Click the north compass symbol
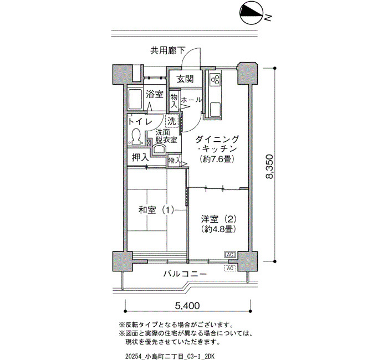pos(251,14)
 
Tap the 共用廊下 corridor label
pos(167,51)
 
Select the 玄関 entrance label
pos(185,79)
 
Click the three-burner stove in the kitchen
pos(215,79)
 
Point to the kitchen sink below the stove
pos(215,110)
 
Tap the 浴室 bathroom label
pos(155,94)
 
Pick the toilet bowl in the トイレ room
pos(136,137)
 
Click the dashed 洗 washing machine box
pos(172,121)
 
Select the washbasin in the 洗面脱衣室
pos(159,150)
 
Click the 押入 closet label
pos(140,157)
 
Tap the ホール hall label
pos(191,100)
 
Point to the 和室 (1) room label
pos(156,210)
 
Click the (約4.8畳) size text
pos(218,229)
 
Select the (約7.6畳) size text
pos(217,159)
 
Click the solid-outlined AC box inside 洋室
pos(230,255)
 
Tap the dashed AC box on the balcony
pos(230,268)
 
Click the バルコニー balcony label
pos(185,274)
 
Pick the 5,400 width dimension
pos(187,306)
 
